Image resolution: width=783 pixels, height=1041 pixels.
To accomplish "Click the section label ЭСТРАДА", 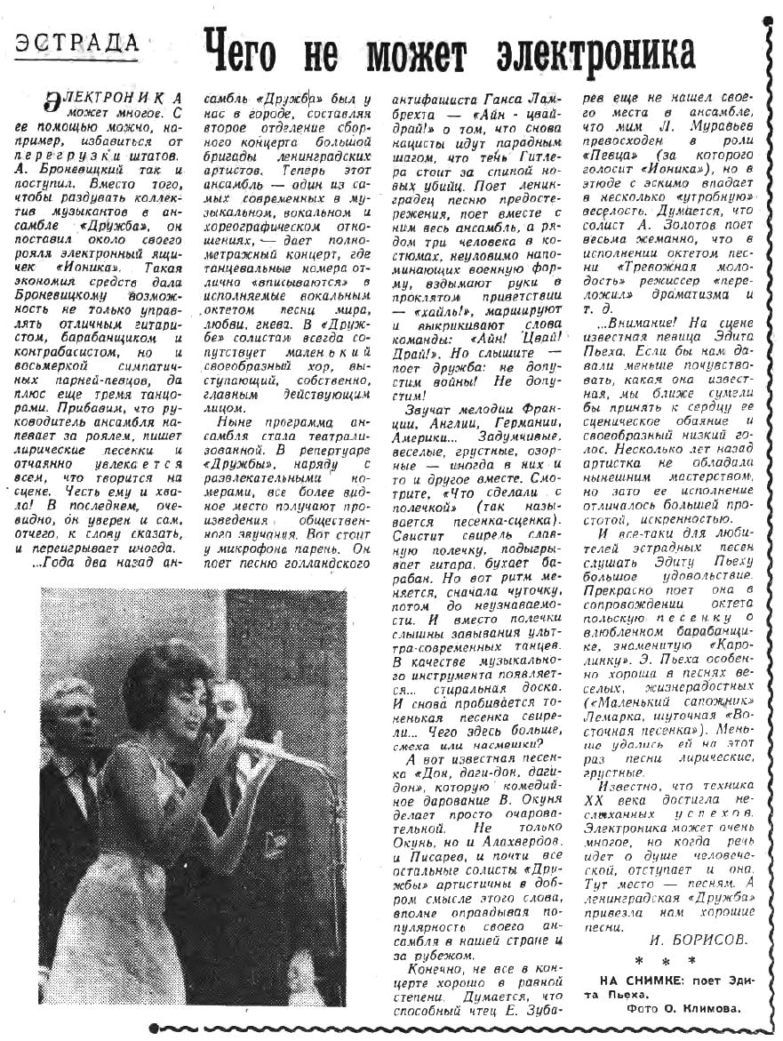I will pos(78,42).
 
